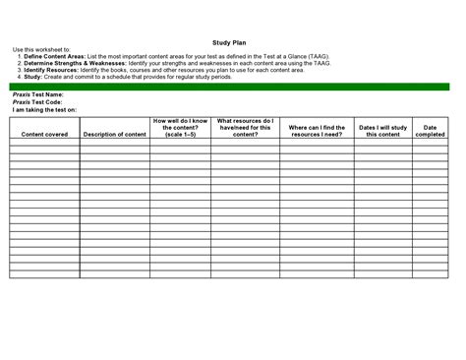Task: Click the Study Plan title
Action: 232,43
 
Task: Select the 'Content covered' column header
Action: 44,134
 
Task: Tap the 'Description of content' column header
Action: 114,134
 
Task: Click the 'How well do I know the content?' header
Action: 180,127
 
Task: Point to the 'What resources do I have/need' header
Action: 245,127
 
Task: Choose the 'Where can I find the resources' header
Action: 316,131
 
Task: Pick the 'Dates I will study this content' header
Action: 382,131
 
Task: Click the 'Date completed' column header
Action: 430,131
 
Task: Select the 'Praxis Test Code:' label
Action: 36,101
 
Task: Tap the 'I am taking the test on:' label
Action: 43,109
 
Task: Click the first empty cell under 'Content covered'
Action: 44,143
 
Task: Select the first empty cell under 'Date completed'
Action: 430,143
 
